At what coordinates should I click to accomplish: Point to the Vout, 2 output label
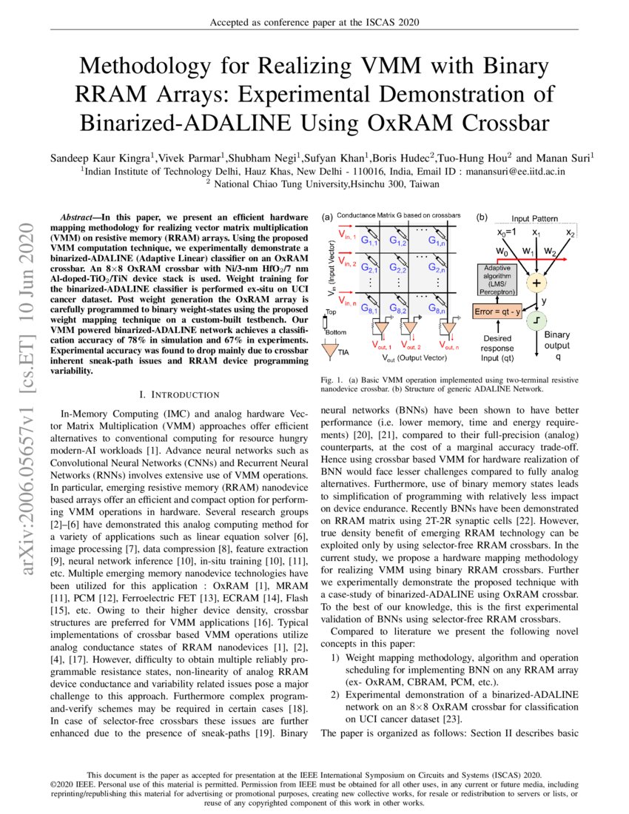408,346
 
